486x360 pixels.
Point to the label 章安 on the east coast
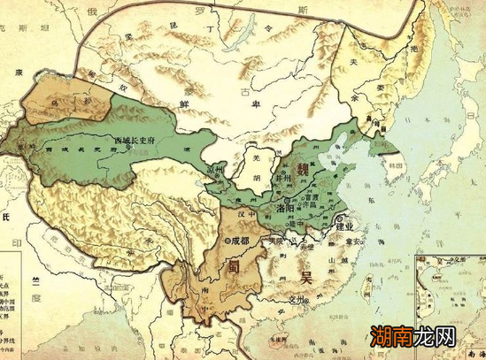click(x=359, y=241)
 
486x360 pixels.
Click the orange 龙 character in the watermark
click(x=439, y=337)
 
